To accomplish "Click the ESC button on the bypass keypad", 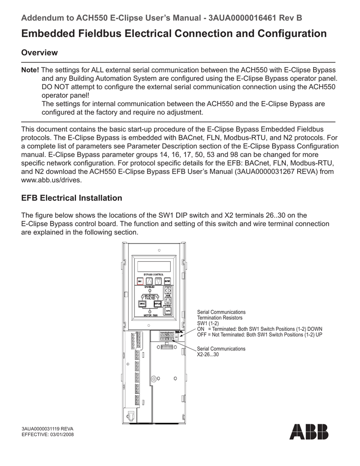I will coord(140,281).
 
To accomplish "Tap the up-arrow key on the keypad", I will coord(149,281).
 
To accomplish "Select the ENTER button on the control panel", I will coord(167,281).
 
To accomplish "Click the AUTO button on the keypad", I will coord(167,311).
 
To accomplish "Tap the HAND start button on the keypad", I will coord(167,290).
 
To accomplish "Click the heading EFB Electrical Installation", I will coord(72,198).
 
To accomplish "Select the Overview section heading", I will coord(40,53).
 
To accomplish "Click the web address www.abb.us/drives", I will coord(52,180).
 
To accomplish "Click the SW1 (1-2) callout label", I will coord(208,323).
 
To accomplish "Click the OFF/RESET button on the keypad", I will coord(167,301).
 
